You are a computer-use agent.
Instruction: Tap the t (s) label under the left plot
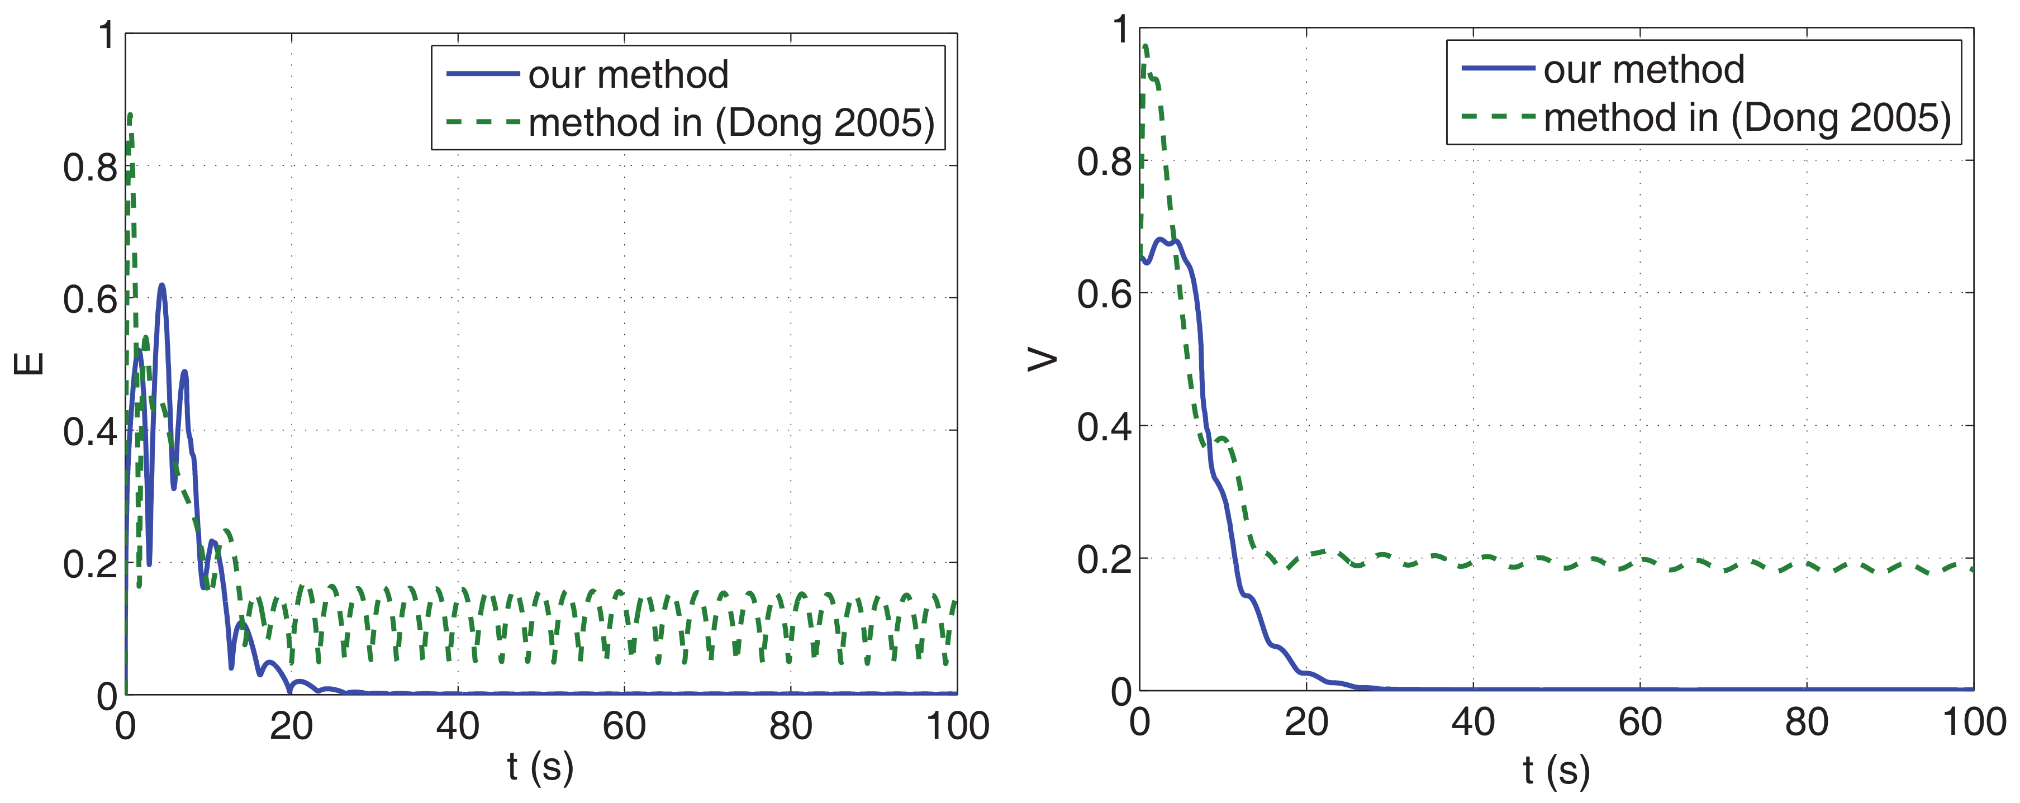[x=539, y=766]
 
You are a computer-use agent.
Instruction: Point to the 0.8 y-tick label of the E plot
[x=90, y=167]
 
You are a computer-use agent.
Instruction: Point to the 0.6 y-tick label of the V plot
[x=1104, y=294]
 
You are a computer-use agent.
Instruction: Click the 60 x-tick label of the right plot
[x=1639, y=722]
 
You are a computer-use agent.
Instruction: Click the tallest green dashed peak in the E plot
[x=130, y=115]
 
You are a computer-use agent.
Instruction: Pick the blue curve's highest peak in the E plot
[x=161, y=286]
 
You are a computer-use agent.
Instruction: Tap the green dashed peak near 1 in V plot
[x=1146, y=46]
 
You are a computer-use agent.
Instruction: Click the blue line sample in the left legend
[x=482, y=74]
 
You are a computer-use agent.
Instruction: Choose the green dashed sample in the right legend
[x=1498, y=117]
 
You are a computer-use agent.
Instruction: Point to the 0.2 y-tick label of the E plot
[x=90, y=564]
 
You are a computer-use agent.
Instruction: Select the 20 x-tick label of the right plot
[x=1306, y=722]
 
